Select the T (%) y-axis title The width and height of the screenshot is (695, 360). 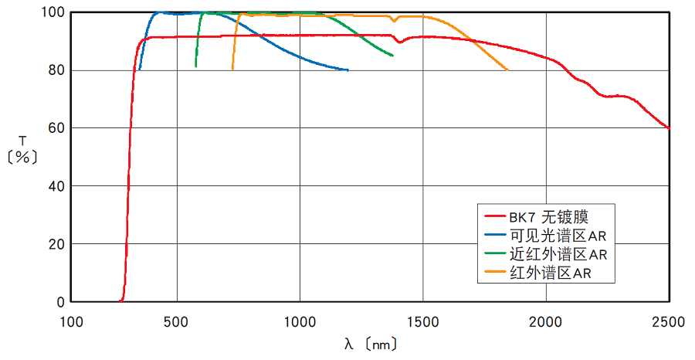22,149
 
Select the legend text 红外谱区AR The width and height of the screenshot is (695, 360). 551,272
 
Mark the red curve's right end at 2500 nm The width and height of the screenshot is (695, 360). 668,127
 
